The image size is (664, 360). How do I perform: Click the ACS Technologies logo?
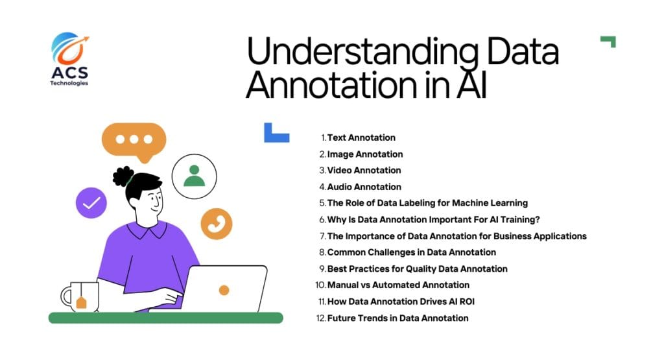(x=70, y=59)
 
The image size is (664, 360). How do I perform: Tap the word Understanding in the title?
(x=362, y=51)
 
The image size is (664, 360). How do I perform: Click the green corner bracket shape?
(x=608, y=42)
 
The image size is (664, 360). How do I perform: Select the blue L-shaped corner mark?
(x=276, y=133)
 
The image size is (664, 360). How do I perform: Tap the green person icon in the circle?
(x=195, y=176)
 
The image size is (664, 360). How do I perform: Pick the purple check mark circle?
(x=91, y=203)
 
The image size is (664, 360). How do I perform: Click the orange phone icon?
(x=217, y=224)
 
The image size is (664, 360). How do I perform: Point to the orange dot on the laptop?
(x=224, y=290)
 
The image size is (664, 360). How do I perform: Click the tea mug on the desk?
(x=80, y=296)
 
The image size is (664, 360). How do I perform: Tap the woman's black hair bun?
(x=123, y=176)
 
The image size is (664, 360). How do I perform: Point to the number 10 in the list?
(x=320, y=285)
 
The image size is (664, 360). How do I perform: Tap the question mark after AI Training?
(x=538, y=219)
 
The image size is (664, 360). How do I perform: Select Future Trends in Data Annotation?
(x=398, y=318)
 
